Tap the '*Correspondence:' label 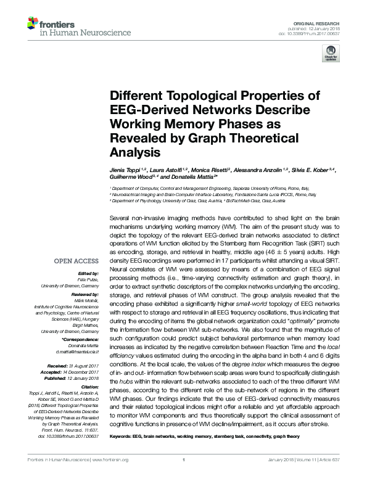point(82,340)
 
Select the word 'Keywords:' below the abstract point(122,437)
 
